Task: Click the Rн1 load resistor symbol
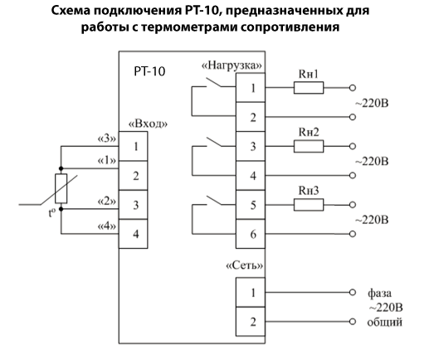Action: [x=309, y=88]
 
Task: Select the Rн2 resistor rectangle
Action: [x=309, y=146]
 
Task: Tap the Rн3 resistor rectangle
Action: [x=309, y=205]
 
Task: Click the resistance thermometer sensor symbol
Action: [x=61, y=188]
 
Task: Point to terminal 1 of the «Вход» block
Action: [x=134, y=146]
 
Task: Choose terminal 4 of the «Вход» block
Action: [x=134, y=234]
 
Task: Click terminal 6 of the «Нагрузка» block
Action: [x=251, y=234]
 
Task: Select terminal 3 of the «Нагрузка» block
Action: [x=251, y=146]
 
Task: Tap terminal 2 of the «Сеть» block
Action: [x=251, y=322]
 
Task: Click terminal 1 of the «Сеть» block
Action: [x=251, y=292]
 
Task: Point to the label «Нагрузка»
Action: [x=232, y=66]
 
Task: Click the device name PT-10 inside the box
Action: [x=149, y=71]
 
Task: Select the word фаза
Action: [x=379, y=293]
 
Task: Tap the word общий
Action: [x=384, y=323]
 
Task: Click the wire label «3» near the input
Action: [x=107, y=139]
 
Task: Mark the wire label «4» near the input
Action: [x=107, y=226]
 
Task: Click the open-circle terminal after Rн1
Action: [x=353, y=88]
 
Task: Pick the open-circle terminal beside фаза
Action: [x=353, y=292]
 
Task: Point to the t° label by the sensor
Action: [x=51, y=213]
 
